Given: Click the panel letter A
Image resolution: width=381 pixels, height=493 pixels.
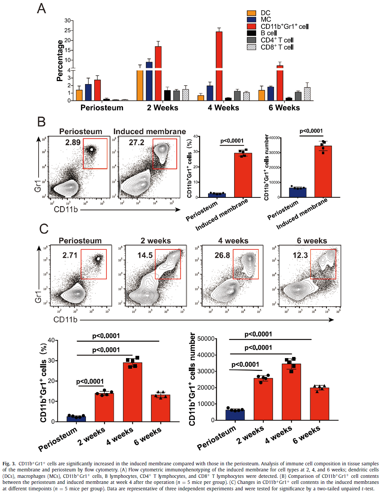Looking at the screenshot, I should tap(42, 8).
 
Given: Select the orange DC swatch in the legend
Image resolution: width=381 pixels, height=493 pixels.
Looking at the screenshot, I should tap(252, 13).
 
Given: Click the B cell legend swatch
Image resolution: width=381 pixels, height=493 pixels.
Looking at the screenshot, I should tap(252, 33).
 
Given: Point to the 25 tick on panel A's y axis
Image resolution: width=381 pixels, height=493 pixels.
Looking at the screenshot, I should tap(68, 30).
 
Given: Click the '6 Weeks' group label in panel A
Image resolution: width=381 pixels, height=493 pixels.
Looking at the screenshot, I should tap(284, 108).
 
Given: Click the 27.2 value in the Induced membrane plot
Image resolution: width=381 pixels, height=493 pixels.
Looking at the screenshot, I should tap(137, 142).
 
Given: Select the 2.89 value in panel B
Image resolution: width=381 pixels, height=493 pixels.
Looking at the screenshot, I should tap(73, 142).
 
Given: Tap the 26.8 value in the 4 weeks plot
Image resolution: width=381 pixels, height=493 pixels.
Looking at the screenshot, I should tap(222, 255).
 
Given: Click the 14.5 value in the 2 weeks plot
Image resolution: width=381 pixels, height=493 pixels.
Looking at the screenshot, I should tap(145, 255).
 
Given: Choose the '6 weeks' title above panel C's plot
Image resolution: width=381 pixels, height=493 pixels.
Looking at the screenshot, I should tap(312, 241).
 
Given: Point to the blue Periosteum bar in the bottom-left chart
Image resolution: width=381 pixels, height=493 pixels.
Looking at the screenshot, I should tap(76, 419).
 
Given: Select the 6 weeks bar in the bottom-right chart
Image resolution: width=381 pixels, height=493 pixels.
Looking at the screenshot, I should tap(320, 404).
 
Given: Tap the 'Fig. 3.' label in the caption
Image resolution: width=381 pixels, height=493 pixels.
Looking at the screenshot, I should tap(9, 463).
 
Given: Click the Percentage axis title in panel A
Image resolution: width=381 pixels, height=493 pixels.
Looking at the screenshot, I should tap(60, 61).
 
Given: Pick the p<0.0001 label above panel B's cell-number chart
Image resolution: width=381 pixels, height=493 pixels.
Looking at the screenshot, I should tap(311, 131).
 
